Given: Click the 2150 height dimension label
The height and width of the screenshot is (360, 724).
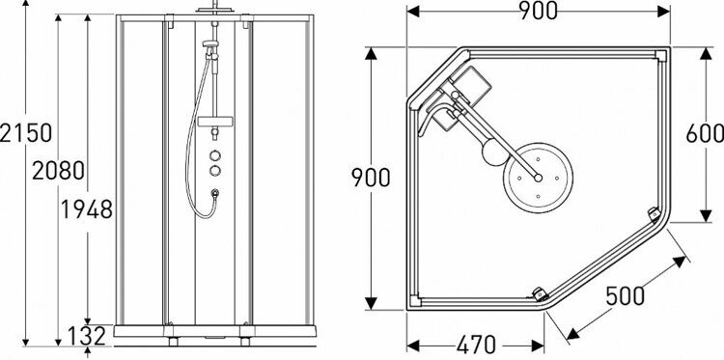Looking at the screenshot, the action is pos(25,133).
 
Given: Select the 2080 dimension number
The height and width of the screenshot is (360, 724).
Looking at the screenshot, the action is pos(58,171).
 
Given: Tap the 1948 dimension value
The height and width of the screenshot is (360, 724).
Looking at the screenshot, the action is pos(87,210).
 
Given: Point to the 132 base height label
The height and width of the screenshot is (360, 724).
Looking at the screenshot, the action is pos(87,336).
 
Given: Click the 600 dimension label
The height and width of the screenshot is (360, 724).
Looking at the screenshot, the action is pos(705,134).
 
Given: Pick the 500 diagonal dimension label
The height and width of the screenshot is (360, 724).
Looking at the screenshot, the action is pos(625,296).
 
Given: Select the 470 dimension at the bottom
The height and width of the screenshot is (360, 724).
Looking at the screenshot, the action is pos(477,345).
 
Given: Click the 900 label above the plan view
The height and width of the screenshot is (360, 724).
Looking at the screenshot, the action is pos(538,11).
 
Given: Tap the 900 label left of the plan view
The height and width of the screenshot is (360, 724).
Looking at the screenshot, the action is pos(371,178).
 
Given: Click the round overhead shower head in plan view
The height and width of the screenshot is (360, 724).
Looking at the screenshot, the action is pos(538,178).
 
